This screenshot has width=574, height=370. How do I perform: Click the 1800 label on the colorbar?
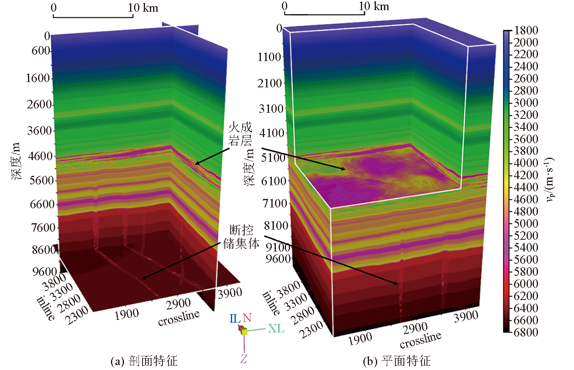526,30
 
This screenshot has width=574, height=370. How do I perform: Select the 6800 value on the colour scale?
526,332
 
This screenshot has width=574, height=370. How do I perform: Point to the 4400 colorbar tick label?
526,187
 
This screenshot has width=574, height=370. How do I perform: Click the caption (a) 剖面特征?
144,361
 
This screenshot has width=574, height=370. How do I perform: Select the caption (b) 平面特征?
396,361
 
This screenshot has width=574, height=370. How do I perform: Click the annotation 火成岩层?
240,134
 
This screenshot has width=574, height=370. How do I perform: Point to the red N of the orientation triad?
247,318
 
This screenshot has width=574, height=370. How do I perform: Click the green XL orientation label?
275,328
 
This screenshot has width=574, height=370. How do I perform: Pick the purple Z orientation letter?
243,359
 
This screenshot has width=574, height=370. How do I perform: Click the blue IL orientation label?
235,319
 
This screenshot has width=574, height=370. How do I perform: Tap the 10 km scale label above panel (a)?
143,8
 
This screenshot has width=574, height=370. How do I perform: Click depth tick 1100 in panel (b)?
269,57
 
